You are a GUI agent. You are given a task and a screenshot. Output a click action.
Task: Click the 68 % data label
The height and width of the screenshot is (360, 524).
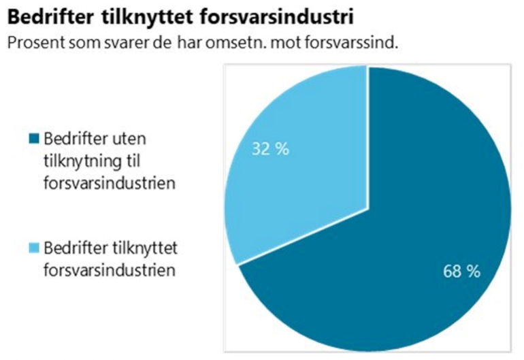click(x=461, y=271)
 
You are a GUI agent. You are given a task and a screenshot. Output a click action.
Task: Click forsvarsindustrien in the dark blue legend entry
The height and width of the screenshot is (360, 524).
click(x=100, y=184)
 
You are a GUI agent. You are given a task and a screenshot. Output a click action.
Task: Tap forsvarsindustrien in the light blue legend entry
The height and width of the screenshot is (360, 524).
click(x=100, y=269)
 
